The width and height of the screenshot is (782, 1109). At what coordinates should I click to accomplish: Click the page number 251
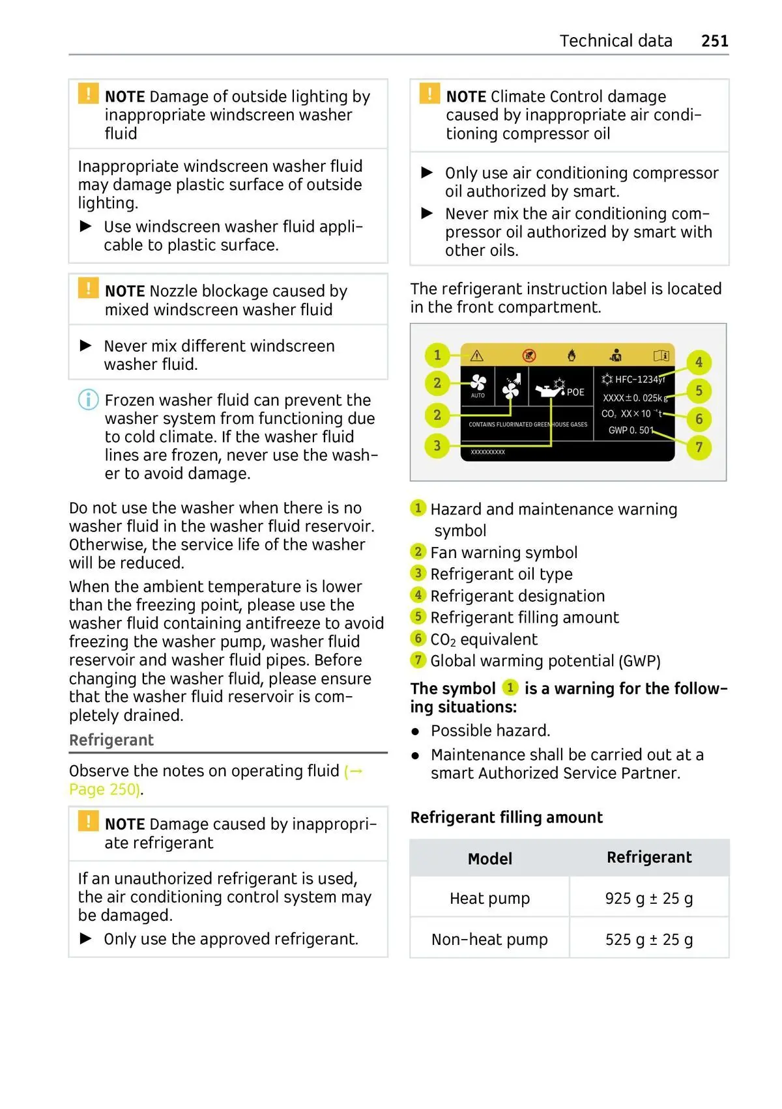point(714,41)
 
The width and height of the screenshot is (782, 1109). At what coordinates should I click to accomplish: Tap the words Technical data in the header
point(615,41)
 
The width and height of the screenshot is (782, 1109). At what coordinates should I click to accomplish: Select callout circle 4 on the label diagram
point(699,362)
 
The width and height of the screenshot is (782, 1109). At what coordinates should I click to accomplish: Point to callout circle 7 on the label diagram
point(699,447)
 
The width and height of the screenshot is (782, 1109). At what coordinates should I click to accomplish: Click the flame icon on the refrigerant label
point(572,355)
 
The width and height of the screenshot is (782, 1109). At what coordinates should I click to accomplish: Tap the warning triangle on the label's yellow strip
point(476,356)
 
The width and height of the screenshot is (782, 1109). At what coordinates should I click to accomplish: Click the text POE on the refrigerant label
point(575,392)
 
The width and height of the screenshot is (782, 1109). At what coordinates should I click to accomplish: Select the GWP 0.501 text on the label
point(630,430)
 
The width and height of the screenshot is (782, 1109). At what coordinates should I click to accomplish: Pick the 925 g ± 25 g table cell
point(648,898)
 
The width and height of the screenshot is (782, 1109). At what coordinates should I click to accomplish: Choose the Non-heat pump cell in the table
point(489,939)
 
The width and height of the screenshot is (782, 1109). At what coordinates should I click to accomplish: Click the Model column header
point(489,858)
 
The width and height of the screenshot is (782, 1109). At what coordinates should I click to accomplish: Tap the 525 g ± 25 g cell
point(648,939)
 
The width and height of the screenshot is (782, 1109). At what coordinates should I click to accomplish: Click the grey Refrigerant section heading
point(111,740)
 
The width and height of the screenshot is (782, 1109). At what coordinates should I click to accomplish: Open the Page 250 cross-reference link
point(104,789)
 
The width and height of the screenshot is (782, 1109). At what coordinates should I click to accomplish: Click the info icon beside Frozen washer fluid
point(88,399)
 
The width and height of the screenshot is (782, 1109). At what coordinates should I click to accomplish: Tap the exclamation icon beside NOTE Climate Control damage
point(429,94)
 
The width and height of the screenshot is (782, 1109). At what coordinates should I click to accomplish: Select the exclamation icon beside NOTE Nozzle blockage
point(88,288)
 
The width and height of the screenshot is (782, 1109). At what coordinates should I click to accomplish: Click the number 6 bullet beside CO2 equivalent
point(418,638)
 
